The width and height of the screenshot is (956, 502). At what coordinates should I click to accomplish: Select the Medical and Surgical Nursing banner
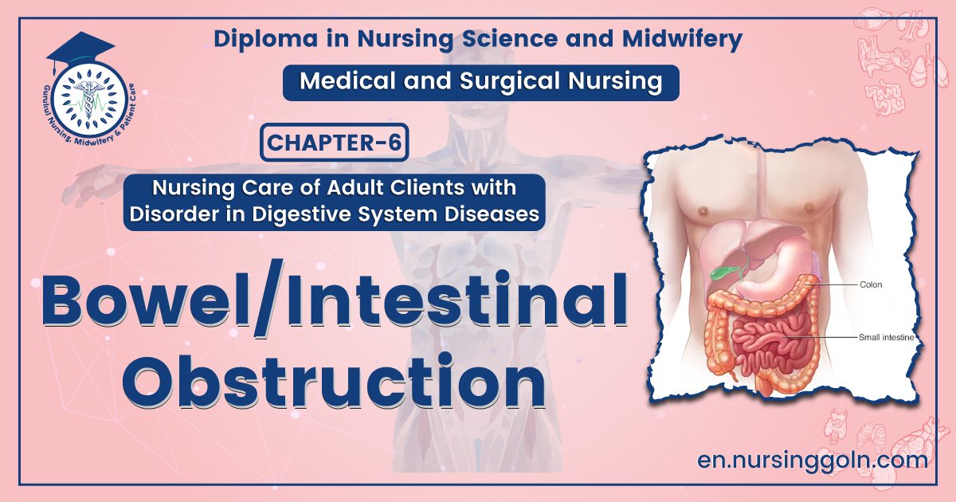480,82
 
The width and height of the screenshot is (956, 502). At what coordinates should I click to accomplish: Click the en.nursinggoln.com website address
812,460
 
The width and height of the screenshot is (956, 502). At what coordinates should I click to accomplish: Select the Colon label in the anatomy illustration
870,284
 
